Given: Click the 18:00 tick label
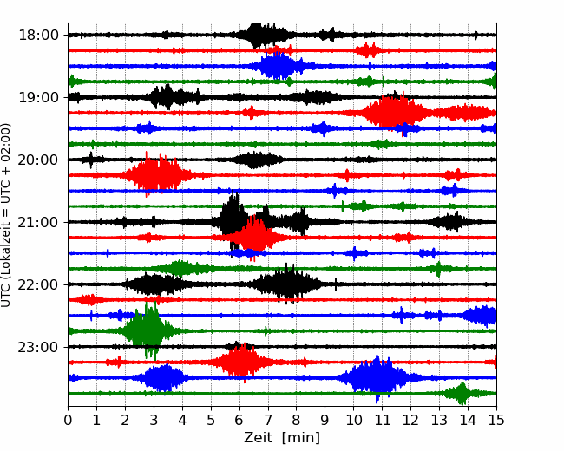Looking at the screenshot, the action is click(38, 36).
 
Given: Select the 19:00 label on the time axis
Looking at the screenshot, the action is click(38, 97).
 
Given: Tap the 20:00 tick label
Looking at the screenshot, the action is click(38, 160).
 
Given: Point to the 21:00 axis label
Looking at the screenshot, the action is click(38, 222).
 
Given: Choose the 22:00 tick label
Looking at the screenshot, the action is click(38, 284).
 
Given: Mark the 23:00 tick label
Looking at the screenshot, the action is click(38, 347).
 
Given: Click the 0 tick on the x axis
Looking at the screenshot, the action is click(68, 420).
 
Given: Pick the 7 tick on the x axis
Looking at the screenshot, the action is click(267, 420).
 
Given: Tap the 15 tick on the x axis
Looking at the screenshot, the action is click(496, 420).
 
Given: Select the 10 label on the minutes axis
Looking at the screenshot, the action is click(353, 420).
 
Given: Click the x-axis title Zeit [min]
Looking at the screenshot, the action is click(282, 438).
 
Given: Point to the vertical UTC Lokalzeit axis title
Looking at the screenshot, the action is click(5, 215).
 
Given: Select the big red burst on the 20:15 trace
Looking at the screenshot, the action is click(155, 175).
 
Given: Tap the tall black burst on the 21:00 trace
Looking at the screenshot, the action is click(233, 221).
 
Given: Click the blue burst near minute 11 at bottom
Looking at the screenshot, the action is click(377, 377).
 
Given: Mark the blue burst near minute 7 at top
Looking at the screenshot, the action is click(276, 66).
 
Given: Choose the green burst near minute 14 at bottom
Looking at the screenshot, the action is click(461, 393).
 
